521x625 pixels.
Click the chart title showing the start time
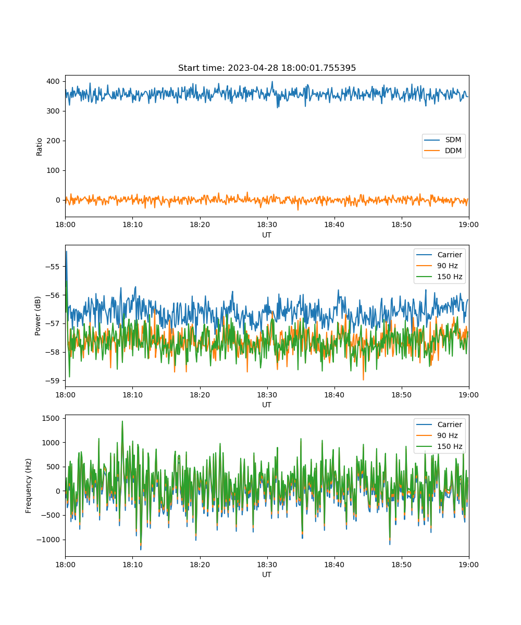point(267,68)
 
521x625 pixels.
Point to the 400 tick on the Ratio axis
point(53,81)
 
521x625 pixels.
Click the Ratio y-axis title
point(39,147)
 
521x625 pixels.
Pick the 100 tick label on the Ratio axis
point(53,170)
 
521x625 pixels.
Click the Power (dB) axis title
point(38,316)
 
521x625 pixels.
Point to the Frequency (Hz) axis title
point(29,486)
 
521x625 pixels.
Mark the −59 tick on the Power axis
point(53,381)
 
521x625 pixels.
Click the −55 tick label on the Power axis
point(53,267)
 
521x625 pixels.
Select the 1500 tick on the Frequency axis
point(51,418)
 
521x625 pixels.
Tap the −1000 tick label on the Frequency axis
point(48,540)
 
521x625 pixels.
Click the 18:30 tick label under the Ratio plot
point(267,224)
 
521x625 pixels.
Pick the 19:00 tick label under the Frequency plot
point(468,565)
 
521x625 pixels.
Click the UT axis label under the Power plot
point(266,405)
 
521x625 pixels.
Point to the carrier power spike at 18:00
point(67,252)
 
